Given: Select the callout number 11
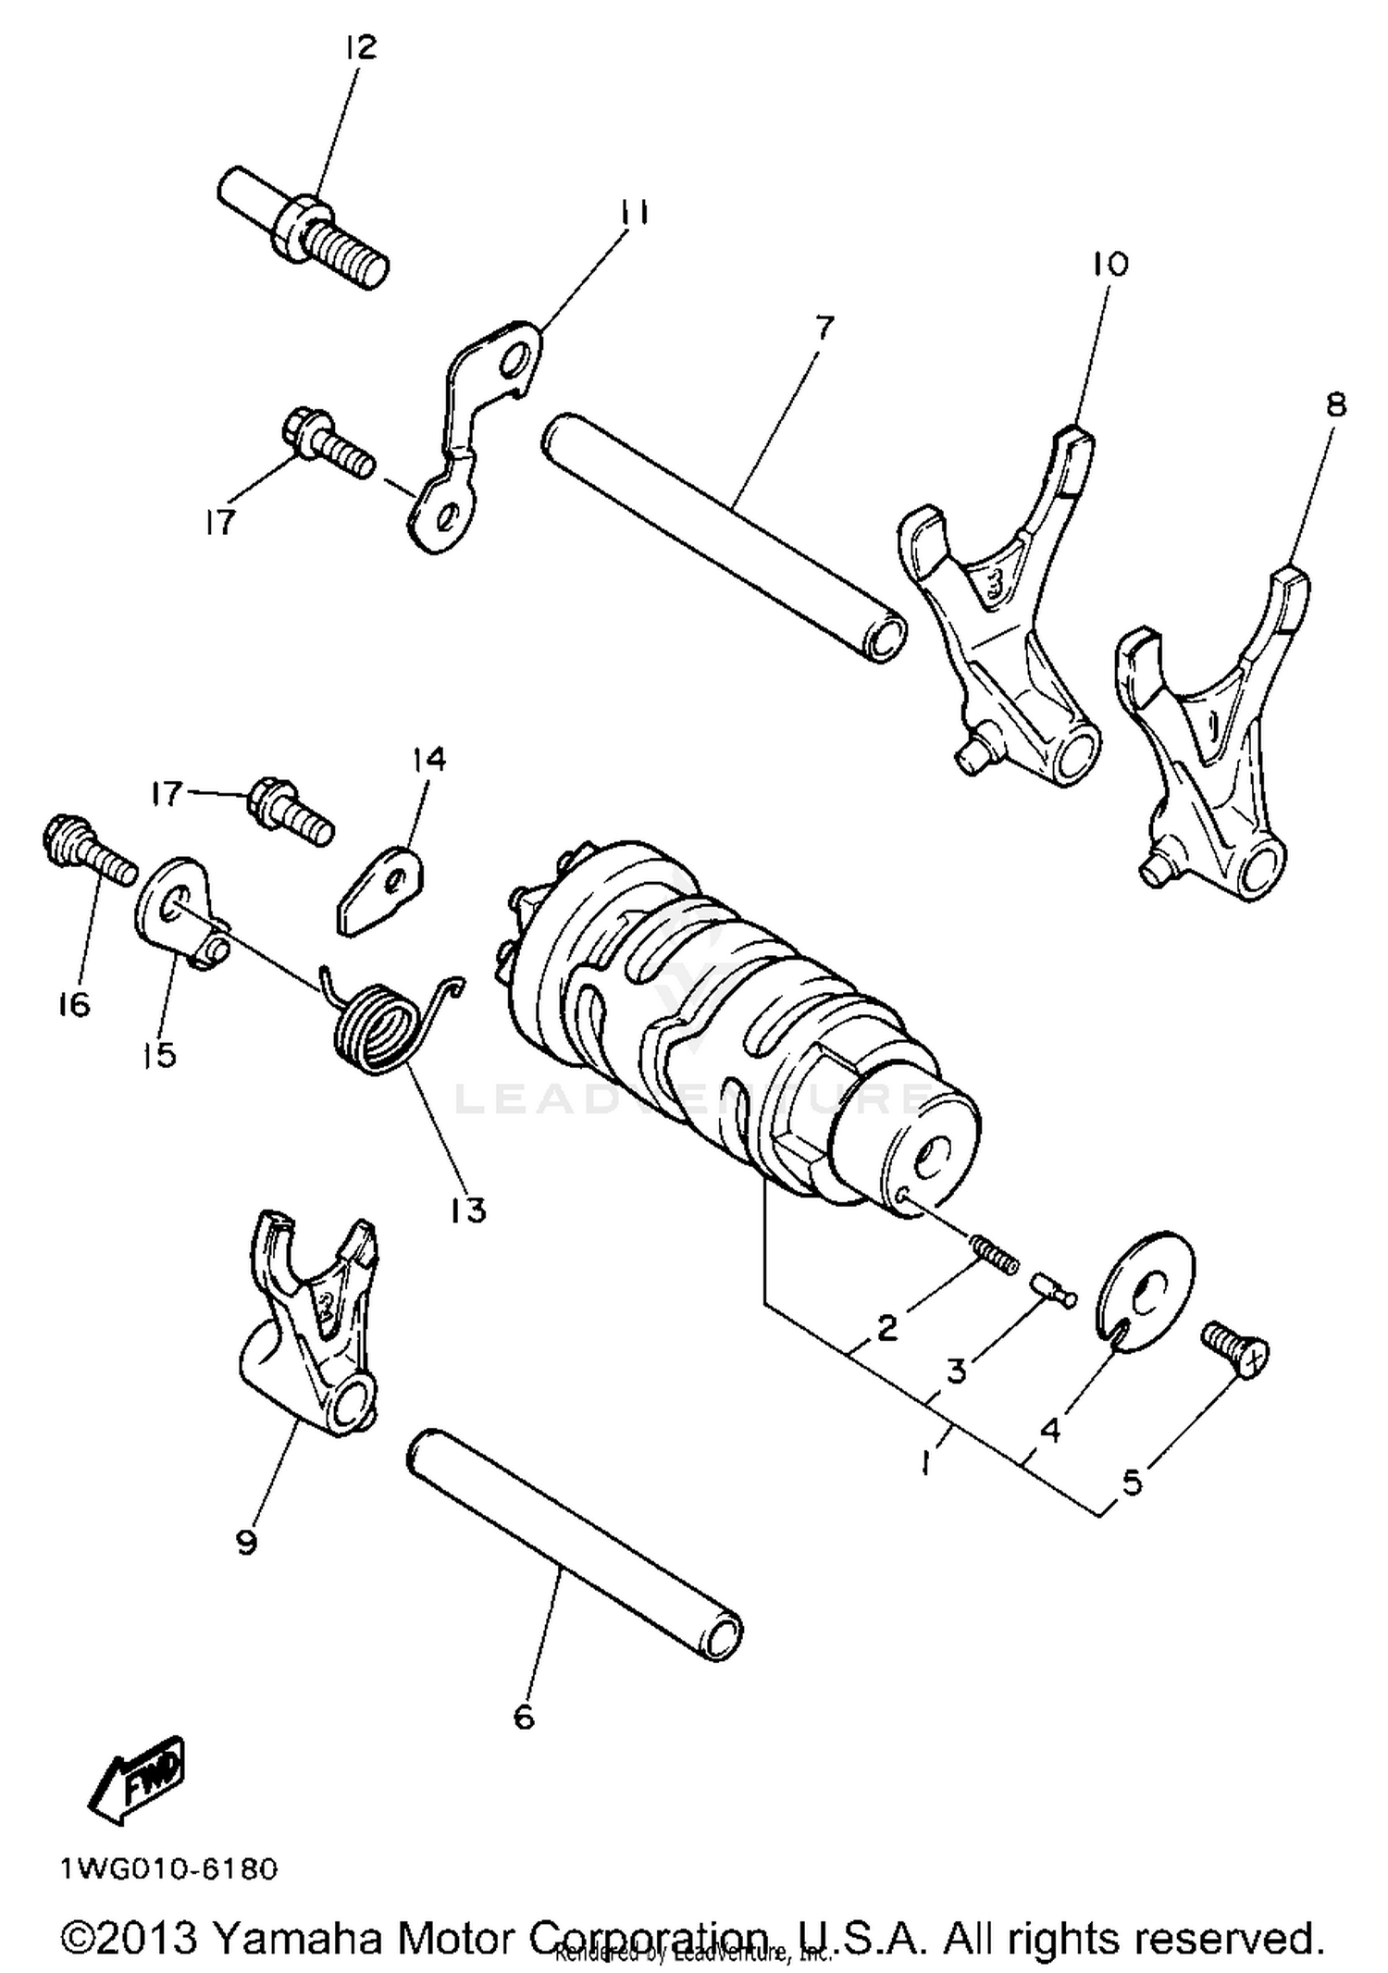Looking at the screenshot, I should (x=635, y=214).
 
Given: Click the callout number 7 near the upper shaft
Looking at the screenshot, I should (x=823, y=328).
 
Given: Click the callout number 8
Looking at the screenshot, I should (x=1335, y=405).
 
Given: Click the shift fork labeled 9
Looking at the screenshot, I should (x=310, y=1323).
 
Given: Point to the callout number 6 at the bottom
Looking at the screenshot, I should (x=524, y=1718).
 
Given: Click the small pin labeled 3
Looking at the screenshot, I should (x=1054, y=1288).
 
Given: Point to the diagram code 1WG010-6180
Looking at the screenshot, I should (x=169, y=1869).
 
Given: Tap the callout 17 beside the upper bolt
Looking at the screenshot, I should (x=220, y=523).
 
